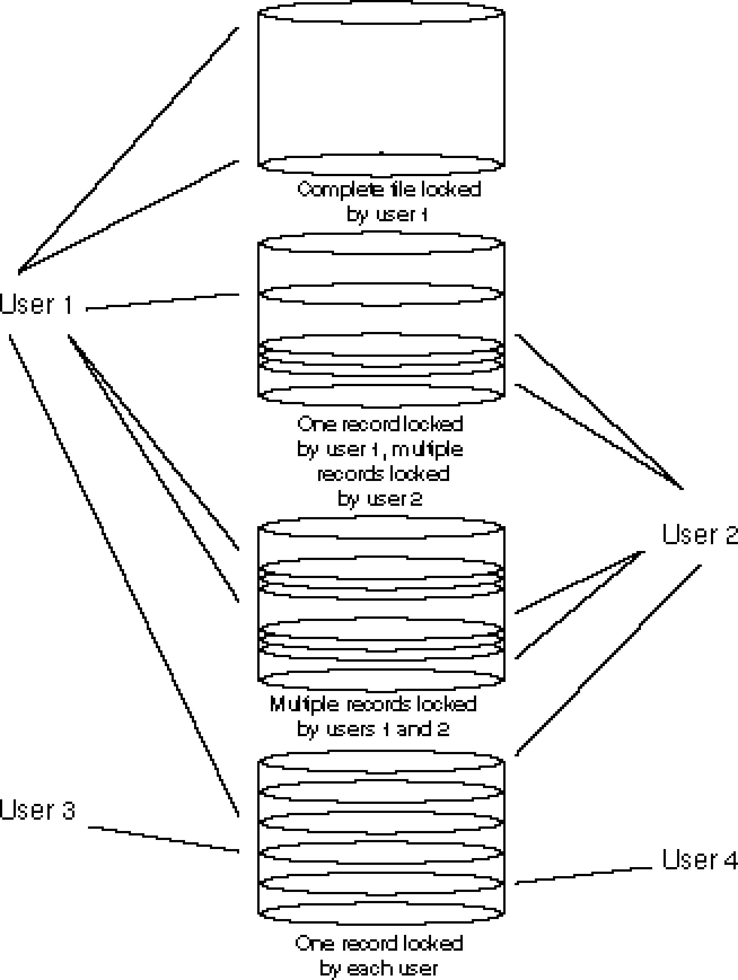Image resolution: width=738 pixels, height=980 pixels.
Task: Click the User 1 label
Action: click(x=37, y=305)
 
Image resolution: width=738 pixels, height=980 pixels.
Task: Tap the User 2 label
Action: click(x=700, y=535)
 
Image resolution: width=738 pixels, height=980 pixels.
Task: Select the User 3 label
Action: click(x=37, y=811)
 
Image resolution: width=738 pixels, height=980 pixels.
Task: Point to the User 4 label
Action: click(x=700, y=860)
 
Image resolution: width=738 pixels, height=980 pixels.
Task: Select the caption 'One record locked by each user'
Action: click(x=379, y=955)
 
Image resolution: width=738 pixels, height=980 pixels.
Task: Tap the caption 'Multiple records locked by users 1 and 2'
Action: click(x=374, y=716)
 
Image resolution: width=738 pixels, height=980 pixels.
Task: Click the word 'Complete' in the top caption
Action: click(x=341, y=190)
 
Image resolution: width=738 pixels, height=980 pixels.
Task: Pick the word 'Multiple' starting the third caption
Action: click(x=305, y=704)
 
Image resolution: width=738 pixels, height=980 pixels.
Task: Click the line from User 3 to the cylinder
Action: click(x=164, y=839)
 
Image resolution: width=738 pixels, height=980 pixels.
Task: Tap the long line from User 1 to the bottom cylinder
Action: click(x=123, y=576)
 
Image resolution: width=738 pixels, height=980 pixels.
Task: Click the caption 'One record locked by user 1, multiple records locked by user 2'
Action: click(x=380, y=461)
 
